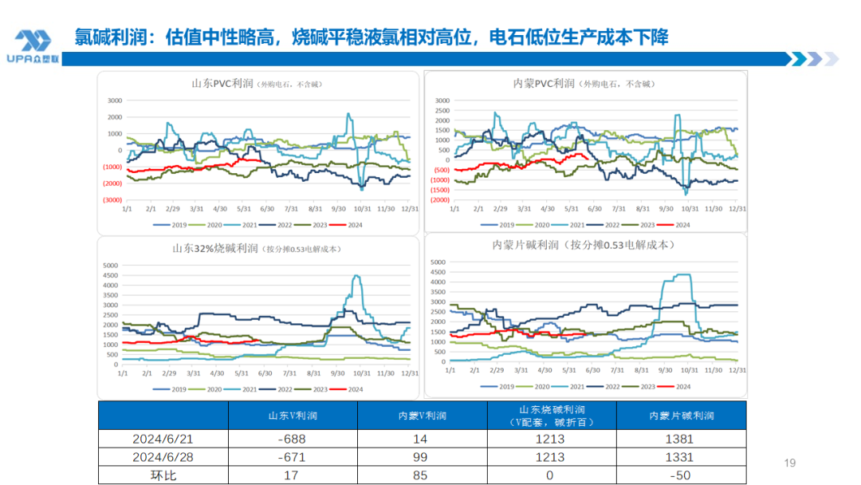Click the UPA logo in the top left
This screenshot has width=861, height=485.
33,45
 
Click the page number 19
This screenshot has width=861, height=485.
790,463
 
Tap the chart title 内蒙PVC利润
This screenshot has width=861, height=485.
545,83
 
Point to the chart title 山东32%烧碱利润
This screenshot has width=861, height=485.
215,249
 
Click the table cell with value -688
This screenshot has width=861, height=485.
293,439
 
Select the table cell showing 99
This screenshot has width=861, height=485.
422,457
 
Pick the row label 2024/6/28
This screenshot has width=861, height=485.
163,457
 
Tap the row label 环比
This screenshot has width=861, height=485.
163,475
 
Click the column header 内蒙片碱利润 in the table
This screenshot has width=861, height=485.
682,416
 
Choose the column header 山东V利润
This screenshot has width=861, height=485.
293,416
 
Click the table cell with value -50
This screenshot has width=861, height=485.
682,475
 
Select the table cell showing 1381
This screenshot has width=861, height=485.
682,439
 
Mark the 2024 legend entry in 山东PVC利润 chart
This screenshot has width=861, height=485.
352,225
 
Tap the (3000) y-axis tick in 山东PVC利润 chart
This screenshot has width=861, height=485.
111,200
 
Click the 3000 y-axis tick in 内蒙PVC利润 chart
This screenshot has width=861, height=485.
442,101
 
